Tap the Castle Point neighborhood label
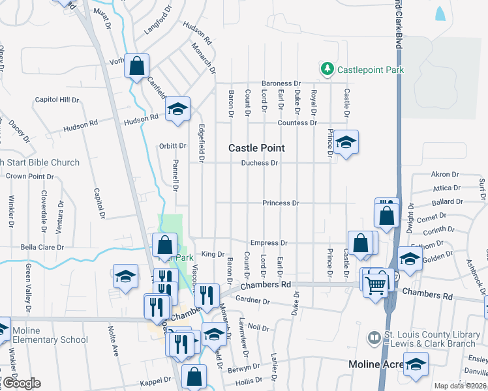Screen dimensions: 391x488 [256, 148]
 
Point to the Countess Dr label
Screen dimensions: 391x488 [297, 123]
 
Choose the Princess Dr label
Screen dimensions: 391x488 [281, 203]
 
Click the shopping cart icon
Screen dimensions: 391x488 [375, 285]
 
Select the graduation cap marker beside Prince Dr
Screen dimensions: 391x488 [346, 142]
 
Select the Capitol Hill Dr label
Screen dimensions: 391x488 [56, 100]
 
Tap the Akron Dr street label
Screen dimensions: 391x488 [445, 175]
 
